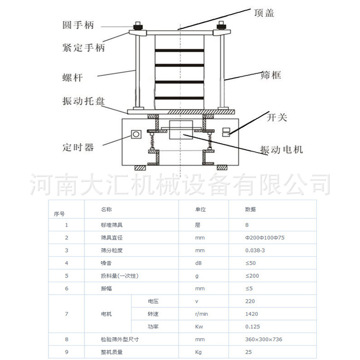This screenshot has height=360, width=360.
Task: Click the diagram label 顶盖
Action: click(x=264, y=13)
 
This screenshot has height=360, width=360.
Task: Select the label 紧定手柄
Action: click(x=84, y=48)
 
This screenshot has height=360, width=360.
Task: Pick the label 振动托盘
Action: click(x=84, y=101)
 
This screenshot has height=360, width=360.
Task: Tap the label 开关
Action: click(x=276, y=117)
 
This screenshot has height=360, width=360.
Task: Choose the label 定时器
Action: click(x=78, y=147)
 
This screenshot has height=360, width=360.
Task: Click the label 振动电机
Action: click(x=282, y=149)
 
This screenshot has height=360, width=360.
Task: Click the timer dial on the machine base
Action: click(x=135, y=134)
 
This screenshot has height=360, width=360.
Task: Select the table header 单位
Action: click(x=200, y=210)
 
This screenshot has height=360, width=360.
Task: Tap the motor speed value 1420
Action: click(x=252, y=314)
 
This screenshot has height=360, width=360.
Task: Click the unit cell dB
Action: click(x=199, y=263)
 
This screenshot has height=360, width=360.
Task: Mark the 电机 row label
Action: click(x=106, y=314)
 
